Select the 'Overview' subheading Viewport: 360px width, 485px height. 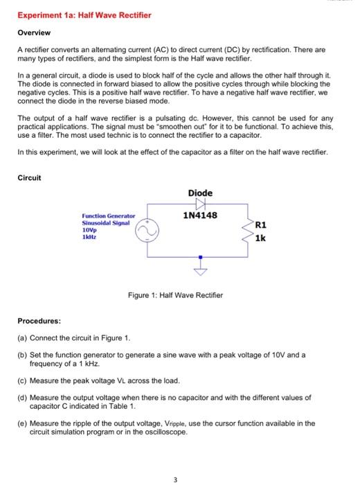pyautogui.click(x=34, y=33)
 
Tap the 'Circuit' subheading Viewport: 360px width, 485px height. pyautogui.click(x=30, y=178)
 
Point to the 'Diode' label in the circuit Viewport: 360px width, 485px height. pyautogui.click(x=200, y=193)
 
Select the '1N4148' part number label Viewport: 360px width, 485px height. pyautogui.click(x=200, y=216)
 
